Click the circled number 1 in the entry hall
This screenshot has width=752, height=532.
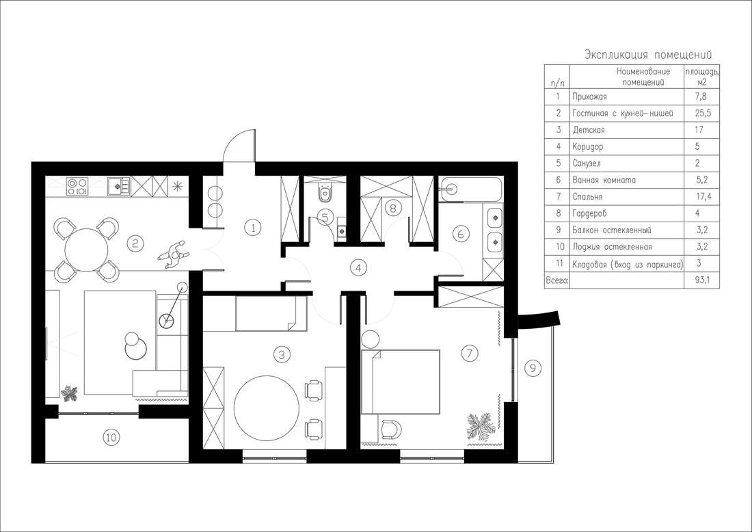(x=253, y=227)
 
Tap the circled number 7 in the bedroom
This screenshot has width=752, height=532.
(x=470, y=354)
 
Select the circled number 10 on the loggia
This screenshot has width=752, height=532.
(x=111, y=437)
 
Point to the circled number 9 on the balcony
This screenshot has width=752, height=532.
(x=533, y=368)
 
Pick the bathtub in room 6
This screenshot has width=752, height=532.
(x=471, y=190)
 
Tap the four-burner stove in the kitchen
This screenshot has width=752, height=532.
(x=77, y=186)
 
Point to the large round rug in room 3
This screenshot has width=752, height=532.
(x=267, y=408)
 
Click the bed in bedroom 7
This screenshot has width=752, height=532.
(x=400, y=382)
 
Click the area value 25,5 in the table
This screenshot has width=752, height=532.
(x=701, y=114)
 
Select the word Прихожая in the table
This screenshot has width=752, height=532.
(x=589, y=96)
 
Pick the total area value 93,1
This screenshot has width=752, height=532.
(x=701, y=280)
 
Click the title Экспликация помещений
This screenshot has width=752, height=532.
(x=648, y=54)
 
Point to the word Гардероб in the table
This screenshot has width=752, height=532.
(x=589, y=213)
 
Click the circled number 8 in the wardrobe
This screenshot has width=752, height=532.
(x=393, y=208)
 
